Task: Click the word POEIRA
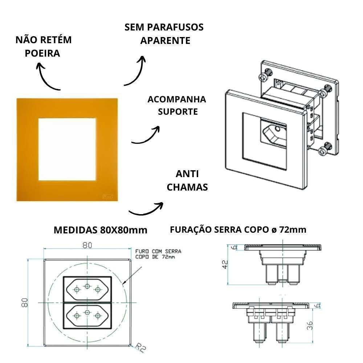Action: coord(42,53)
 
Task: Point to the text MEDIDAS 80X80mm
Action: coord(101,230)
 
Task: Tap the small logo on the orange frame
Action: coord(109,197)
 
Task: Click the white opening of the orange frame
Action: coord(68,148)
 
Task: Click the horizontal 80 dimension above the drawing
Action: coord(87,245)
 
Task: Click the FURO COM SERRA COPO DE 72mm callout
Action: coord(158,254)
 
